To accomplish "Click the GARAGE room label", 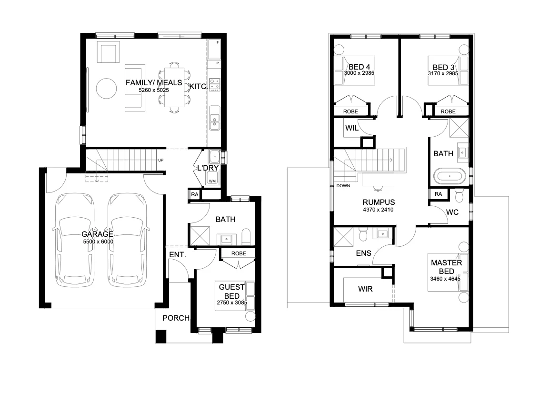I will (x=97, y=234).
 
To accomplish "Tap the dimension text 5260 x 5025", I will (x=154, y=90).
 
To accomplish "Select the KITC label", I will (x=198, y=86).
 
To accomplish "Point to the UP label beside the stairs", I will (x=161, y=160).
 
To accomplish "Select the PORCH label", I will (x=176, y=318).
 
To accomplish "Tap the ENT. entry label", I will (x=177, y=255).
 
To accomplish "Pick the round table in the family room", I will (x=106, y=89).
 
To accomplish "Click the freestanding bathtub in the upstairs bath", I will (x=449, y=176).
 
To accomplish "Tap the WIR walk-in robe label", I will (x=365, y=289).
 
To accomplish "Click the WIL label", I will (x=351, y=128).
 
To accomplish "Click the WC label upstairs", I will (x=452, y=212).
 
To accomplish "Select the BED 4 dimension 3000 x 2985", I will (x=359, y=73).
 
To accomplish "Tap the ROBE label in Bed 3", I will (x=448, y=111).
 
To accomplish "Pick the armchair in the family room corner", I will (x=109, y=52).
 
